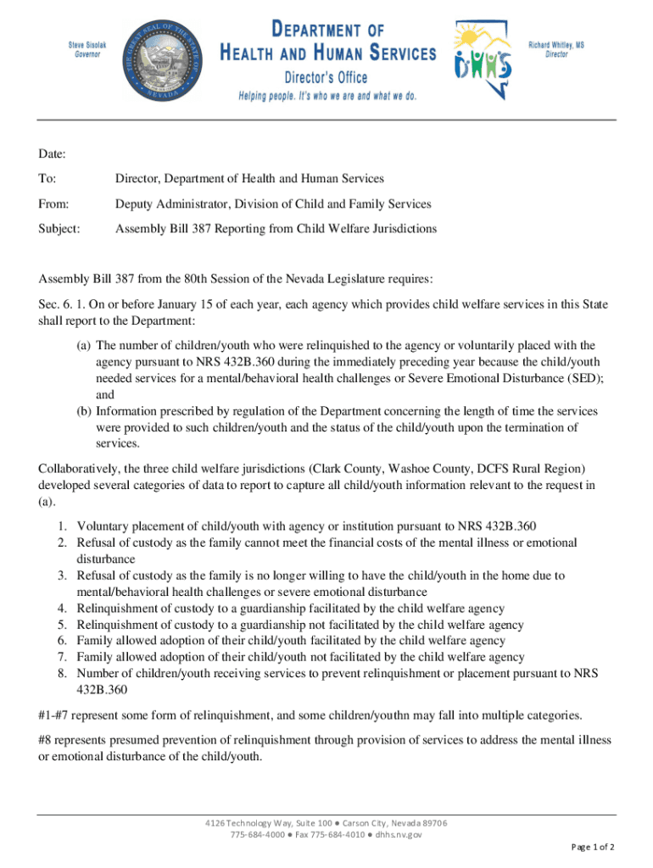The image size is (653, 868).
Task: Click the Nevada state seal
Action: (x=161, y=59)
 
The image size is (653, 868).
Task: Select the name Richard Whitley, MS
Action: (x=557, y=44)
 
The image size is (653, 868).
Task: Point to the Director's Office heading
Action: (x=326, y=77)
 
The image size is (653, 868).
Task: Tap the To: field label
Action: (x=47, y=179)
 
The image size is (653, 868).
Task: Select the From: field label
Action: (x=53, y=204)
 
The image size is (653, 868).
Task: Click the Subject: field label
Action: (x=59, y=229)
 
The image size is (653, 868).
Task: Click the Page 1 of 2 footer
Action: (x=593, y=847)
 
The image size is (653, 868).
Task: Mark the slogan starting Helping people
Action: (x=326, y=96)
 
